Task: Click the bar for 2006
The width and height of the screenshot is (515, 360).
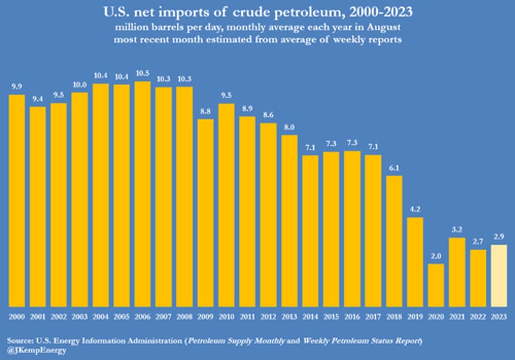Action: pyautogui.click(x=143, y=194)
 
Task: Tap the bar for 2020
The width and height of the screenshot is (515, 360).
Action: pyautogui.click(x=436, y=285)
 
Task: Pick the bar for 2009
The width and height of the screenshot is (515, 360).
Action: pyautogui.click(x=206, y=212)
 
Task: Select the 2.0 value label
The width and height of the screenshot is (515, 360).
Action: pyautogui.click(x=436, y=257)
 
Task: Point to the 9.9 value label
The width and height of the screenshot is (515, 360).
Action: pyautogui.click(x=17, y=87)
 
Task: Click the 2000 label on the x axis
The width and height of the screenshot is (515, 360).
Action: pyautogui.click(x=17, y=316)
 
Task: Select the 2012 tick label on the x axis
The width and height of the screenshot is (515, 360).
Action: pyautogui.click(x=268, y=316)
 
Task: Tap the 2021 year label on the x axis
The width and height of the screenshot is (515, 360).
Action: pyautogui.click(x=457, y=316)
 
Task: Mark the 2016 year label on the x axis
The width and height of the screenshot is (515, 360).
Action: pyautogui.click(x=352, y=316)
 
